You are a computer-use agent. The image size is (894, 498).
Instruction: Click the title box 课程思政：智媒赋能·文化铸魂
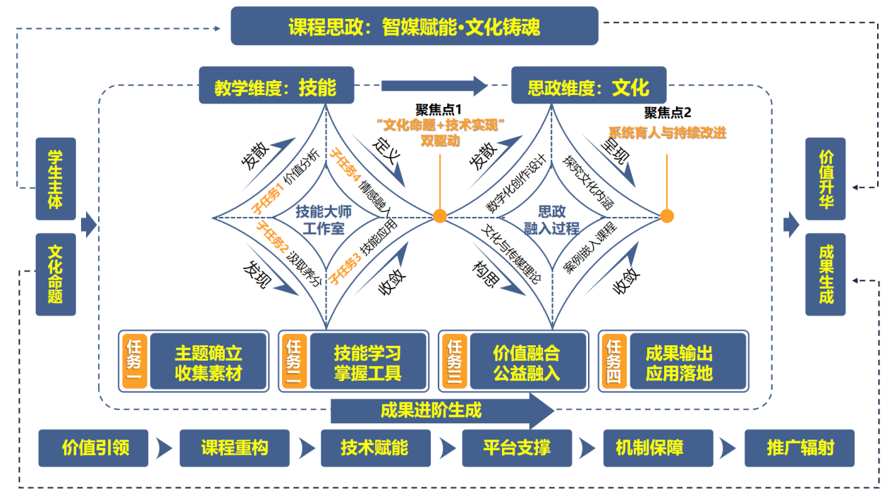pyautogui.click(x=415, y=26)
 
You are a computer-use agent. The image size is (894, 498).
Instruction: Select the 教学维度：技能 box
pyautogui.click(x=276, y=87)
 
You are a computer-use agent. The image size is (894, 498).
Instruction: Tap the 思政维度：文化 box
pyautogui.click(x=588, y=87)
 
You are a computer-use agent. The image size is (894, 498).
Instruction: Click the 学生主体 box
pyautogui.click(x=56, y=179)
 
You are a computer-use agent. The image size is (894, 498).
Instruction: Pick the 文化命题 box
pyautogui.click(x=56, y=274)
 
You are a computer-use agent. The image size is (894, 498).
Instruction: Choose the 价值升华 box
pyautogui.click(x=825, y=179)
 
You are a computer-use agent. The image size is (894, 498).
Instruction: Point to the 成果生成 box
pyautogui.click(x=825, y=274)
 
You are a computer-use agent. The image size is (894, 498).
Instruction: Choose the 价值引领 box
pyautogui.click(x=94, y=447)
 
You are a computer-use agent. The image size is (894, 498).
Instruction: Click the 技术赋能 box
pyautogui.click(x=375, y=447)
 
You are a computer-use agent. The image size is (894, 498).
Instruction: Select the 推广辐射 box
pyautogui.click(x=800, y=447)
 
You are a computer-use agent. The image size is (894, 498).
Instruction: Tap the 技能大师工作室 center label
pyautogui.click(x=324, y=219)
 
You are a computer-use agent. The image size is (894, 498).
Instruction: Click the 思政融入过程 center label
pyautogui.click(x=551, y=219)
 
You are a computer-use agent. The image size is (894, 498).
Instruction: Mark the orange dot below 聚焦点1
pyautogui.click(x=440, y=216)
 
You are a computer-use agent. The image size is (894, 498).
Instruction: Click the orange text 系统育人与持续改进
pyautogui.click(x=667, y=132)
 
